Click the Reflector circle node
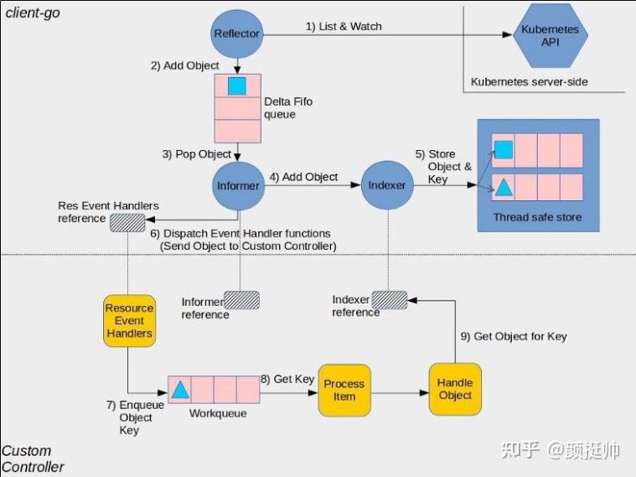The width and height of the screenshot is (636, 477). tap(237, 34)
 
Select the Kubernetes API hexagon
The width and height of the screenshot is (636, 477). tap(550, 34)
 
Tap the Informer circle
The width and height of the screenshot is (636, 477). tap(238, 185)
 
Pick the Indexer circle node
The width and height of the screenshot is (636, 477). tap(387, 185)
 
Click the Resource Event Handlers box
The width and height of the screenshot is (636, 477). tap(129, 321)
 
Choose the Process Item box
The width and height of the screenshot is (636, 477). tap(344, 390)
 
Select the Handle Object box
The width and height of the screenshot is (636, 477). tap(455, 389)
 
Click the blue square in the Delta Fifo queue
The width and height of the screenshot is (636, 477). tap(237, 86)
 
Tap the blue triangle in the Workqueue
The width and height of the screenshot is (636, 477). tap(179, 389)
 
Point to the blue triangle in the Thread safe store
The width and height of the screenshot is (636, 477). tap(503, 187)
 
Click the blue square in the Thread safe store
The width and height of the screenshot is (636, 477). tap(503, 150)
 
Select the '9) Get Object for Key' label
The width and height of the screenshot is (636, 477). tap(513, 336)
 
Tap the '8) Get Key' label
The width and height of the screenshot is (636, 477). tap(287, 379)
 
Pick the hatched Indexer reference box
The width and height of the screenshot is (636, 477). tap(389, 299)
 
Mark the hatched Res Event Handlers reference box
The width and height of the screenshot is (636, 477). tap(127, 220)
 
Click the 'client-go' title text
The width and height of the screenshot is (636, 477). tap(33, 13)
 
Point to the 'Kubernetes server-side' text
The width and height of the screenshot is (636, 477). tap(529, 82)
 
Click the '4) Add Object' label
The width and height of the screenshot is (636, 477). tap(303, 177)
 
